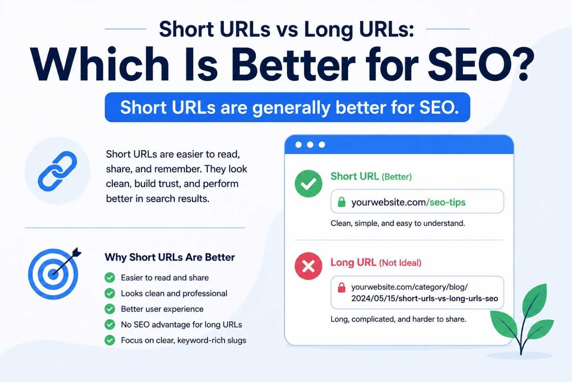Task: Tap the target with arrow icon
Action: [x=54, y=273]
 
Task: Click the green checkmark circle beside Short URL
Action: [x=308, y=184]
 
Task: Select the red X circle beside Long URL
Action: [x=308, y=266]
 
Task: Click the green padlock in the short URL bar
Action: [x=342, y=202]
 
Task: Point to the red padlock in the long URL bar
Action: [x=342, y=287]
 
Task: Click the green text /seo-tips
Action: [x=446, y=202]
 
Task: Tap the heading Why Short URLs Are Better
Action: [x=170, y=257]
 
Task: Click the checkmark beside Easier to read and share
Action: [x=110, y=278]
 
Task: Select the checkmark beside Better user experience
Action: [x=110, y=309]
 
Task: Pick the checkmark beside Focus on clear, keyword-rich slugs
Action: [x=110, y=340]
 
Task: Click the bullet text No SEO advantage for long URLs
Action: [x=182, y=325]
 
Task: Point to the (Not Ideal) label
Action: [x=400, y=263]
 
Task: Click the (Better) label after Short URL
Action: [x=397, y=177]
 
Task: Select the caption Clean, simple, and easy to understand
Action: [x=398, y=223]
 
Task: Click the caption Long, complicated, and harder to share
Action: [x=398, y=319]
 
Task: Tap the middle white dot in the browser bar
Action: [x=310, y=145]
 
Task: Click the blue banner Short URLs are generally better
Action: [x=288, y=107]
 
